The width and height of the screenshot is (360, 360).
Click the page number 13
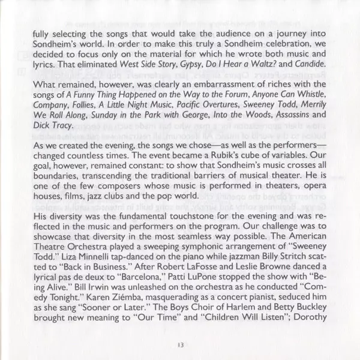pos(180,344)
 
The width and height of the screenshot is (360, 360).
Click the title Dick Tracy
pos(51,126)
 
